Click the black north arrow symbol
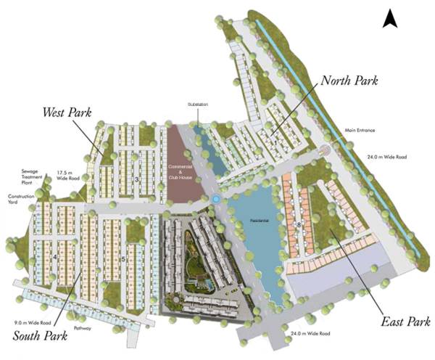point(390,17)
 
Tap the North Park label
point(349,79)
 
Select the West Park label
point(70,112)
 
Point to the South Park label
point(40,336)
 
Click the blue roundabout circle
point(215,199)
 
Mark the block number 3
point(136,179)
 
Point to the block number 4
point(55,257)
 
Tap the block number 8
point(299,226)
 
